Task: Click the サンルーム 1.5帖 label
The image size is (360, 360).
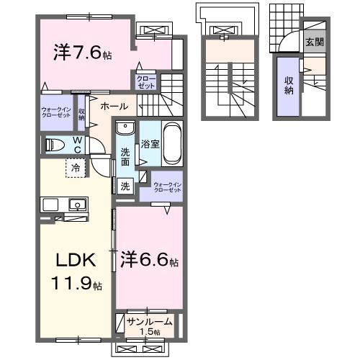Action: pyautogui.click(x=148, y=323)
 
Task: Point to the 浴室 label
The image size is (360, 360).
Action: pyautogui.click(x=150, y=144)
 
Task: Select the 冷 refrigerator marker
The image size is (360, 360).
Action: pyautogui.click(x=76, y=169)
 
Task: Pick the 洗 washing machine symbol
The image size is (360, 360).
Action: pyautogui.click(x=125, y=186)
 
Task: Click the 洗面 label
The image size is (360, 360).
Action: pyautogui.click(x=125, y=157)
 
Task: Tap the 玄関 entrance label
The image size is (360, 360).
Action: pyautogui.click(x=314, y=42)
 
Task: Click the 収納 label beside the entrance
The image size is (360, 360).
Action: pyautogui.click(x=289, y=86)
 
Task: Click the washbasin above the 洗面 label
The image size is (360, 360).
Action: pyautogui.click(x=125, y=129)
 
